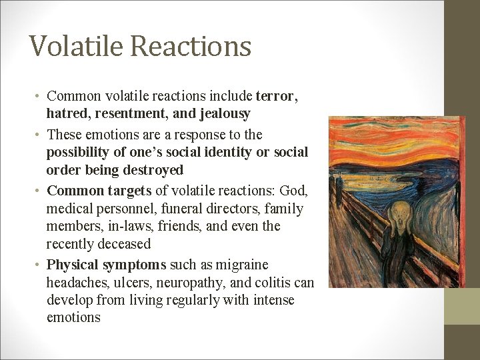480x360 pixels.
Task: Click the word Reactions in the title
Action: click(191, 46)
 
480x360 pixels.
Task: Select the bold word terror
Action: click(275, 96)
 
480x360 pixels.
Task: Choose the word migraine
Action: click(240, 265)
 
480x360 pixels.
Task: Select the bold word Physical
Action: click(72, 265)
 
